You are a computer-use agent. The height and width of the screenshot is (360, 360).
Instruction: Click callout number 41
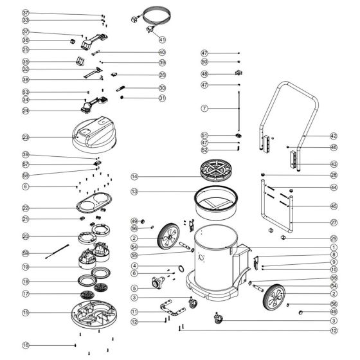pyautogui.click(x=162, y=39)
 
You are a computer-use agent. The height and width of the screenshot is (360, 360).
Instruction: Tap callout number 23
pyautogui.click(x=26, y=137)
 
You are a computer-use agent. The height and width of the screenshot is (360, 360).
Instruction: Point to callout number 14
pyautogui.click(x=134, y=176)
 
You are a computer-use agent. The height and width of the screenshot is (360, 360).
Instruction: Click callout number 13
pyautogui.click(x=134, y=192)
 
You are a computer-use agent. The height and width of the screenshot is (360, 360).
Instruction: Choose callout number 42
pyautogui.click(x=333, y=136)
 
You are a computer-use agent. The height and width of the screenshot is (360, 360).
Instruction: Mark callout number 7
pyautogui.click(x=204, y=109)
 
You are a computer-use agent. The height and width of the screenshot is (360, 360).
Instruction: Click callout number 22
pyautogui.click(x=26, y=208)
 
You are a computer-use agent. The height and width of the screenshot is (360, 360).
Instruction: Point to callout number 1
pyautogui.click(x=334, y=247)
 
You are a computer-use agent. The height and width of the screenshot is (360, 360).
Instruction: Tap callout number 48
pyautogui.click(x=204, y=73)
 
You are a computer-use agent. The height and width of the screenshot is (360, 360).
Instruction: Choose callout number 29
pyautogui.click(x=334, y=239)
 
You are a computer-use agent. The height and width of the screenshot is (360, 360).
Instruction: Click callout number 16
pyautogui.click(x=26, y=345)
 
